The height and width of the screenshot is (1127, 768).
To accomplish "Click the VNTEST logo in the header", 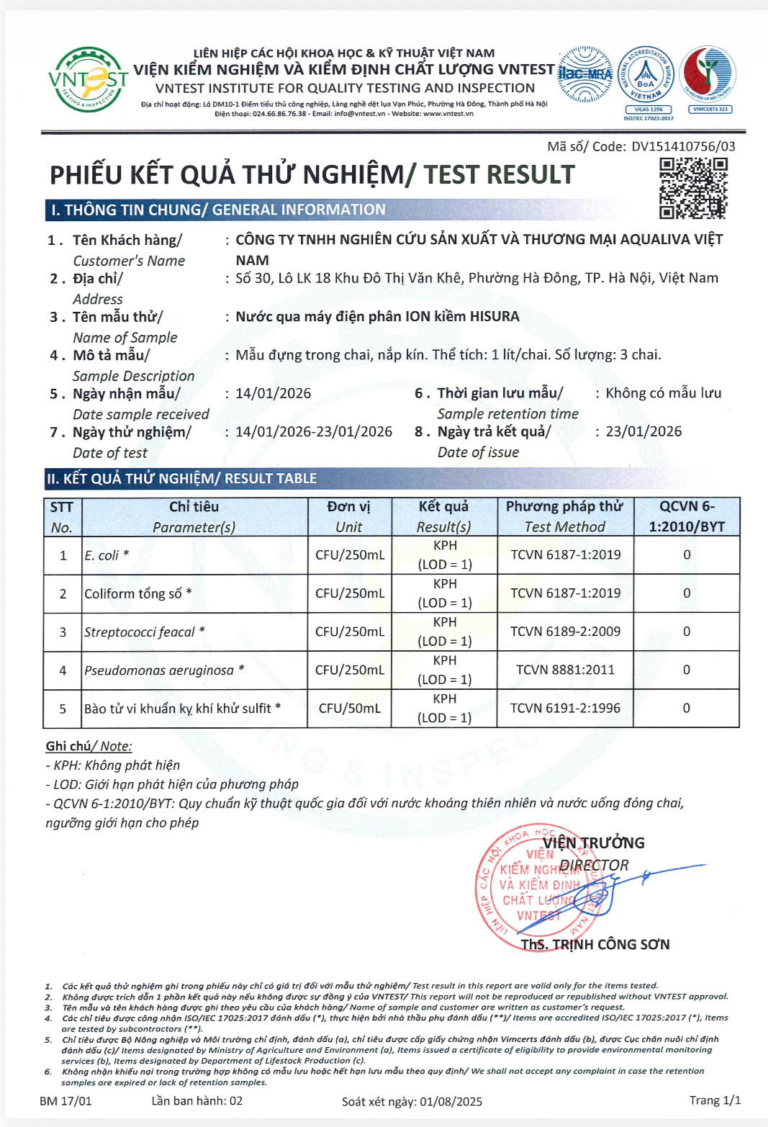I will click(87, 79).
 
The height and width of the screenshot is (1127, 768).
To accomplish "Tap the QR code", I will click(693, 188).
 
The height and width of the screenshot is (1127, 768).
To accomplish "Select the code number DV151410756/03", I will click(683, 146).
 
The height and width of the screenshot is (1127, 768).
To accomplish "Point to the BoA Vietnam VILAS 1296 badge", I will click(646, 81).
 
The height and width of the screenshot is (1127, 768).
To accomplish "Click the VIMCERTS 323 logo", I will click(708, 79).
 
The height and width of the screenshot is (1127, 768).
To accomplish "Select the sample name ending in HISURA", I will click(377, 316).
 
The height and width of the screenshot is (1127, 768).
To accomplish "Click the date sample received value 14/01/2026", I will click(274, 393).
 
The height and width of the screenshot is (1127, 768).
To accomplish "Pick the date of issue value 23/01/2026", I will click(643, 431).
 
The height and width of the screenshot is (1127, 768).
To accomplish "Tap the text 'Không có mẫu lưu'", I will click(663, 393).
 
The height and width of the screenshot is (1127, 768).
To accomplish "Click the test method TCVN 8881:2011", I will click(565, 670).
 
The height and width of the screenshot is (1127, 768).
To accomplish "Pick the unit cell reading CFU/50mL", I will click(349, 709).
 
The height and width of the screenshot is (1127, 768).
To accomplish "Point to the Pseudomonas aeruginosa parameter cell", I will click(164, 670).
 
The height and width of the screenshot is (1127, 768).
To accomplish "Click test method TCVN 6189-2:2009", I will click(565, 632).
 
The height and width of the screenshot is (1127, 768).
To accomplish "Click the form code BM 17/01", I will click(65, 1100).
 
